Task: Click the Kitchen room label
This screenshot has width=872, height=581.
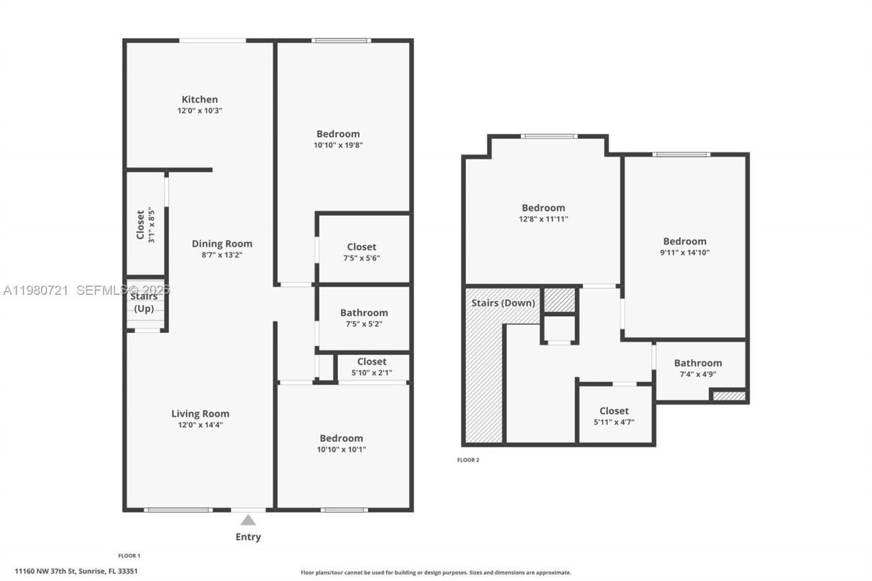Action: [x=200, y=99]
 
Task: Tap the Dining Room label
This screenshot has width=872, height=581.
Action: [x=221, y=244]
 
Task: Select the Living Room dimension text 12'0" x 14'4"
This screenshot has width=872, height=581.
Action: [x=200, y=425]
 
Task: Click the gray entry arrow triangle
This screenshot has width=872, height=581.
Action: [x=248, y=520]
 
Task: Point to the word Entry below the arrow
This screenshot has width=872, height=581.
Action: [x=248, y=537]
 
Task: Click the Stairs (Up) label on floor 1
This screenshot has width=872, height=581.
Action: [x=144, y=302]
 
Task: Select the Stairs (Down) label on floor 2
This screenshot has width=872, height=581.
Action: [x=503, y=302]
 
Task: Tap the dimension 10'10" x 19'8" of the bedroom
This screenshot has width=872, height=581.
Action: [x=338, y=145]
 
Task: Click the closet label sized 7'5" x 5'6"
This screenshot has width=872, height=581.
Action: [x=361, y=247]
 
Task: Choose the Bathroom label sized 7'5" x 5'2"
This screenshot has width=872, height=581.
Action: [x=364, y=313]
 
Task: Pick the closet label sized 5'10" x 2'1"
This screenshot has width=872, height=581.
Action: [x=371, y=362]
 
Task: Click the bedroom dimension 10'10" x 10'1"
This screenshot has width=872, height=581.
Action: [x=341, y=450]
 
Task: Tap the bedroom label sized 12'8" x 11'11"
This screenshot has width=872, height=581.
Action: [x=543, y=208]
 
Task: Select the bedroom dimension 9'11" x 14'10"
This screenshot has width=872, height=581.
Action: [x=685, y=252]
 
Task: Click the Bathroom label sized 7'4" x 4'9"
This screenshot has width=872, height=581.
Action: [x=698, y=363]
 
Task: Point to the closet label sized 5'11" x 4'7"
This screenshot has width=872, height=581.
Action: [x=614, y=411]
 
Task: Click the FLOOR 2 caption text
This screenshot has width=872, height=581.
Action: [x=468, y=460]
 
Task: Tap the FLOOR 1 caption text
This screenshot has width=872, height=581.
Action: [x=129, y=556]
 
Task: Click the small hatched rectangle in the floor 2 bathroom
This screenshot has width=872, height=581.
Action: [x=728, y=395]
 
